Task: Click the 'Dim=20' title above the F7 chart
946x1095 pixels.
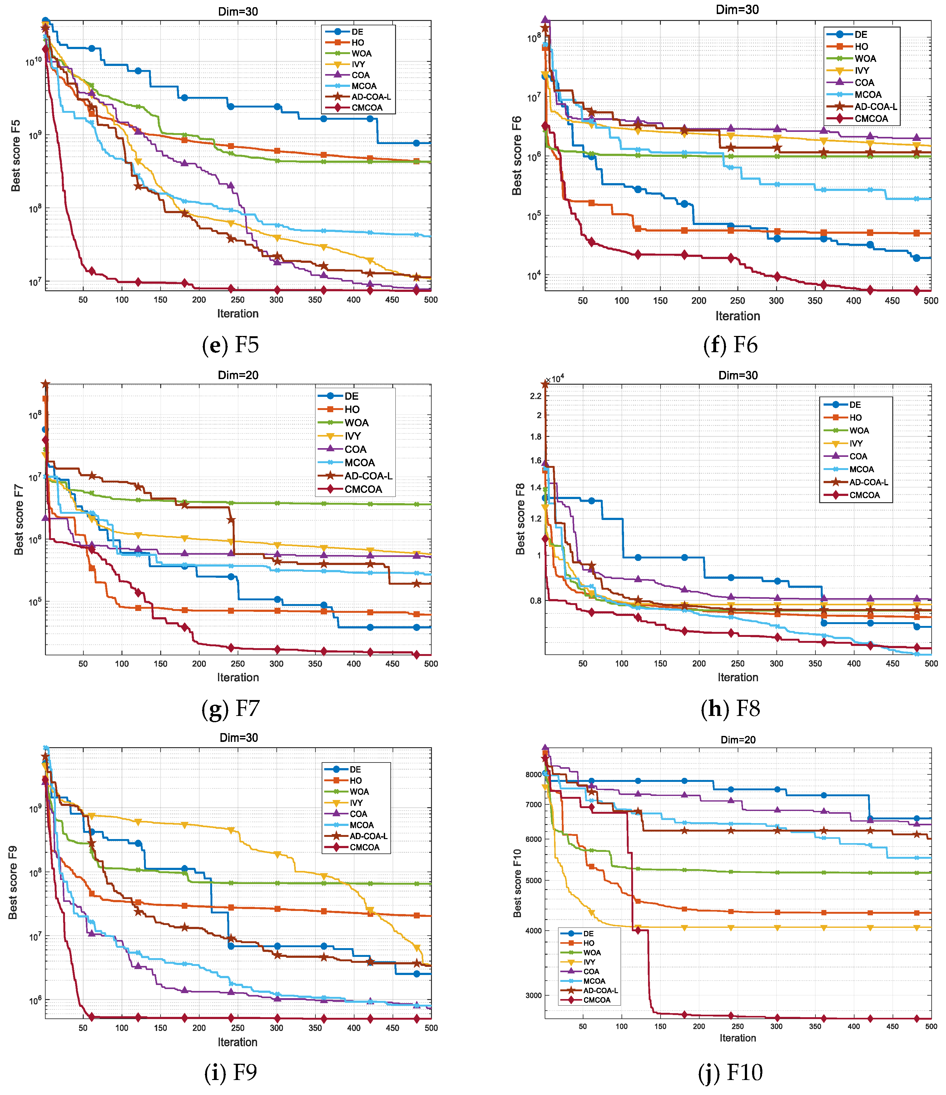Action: click(238, 375)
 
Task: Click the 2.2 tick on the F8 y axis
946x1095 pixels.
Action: click(536, 396)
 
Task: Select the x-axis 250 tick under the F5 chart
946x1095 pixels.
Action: click(238, 300)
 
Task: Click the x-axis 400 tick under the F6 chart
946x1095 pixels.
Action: click(854, 301)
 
